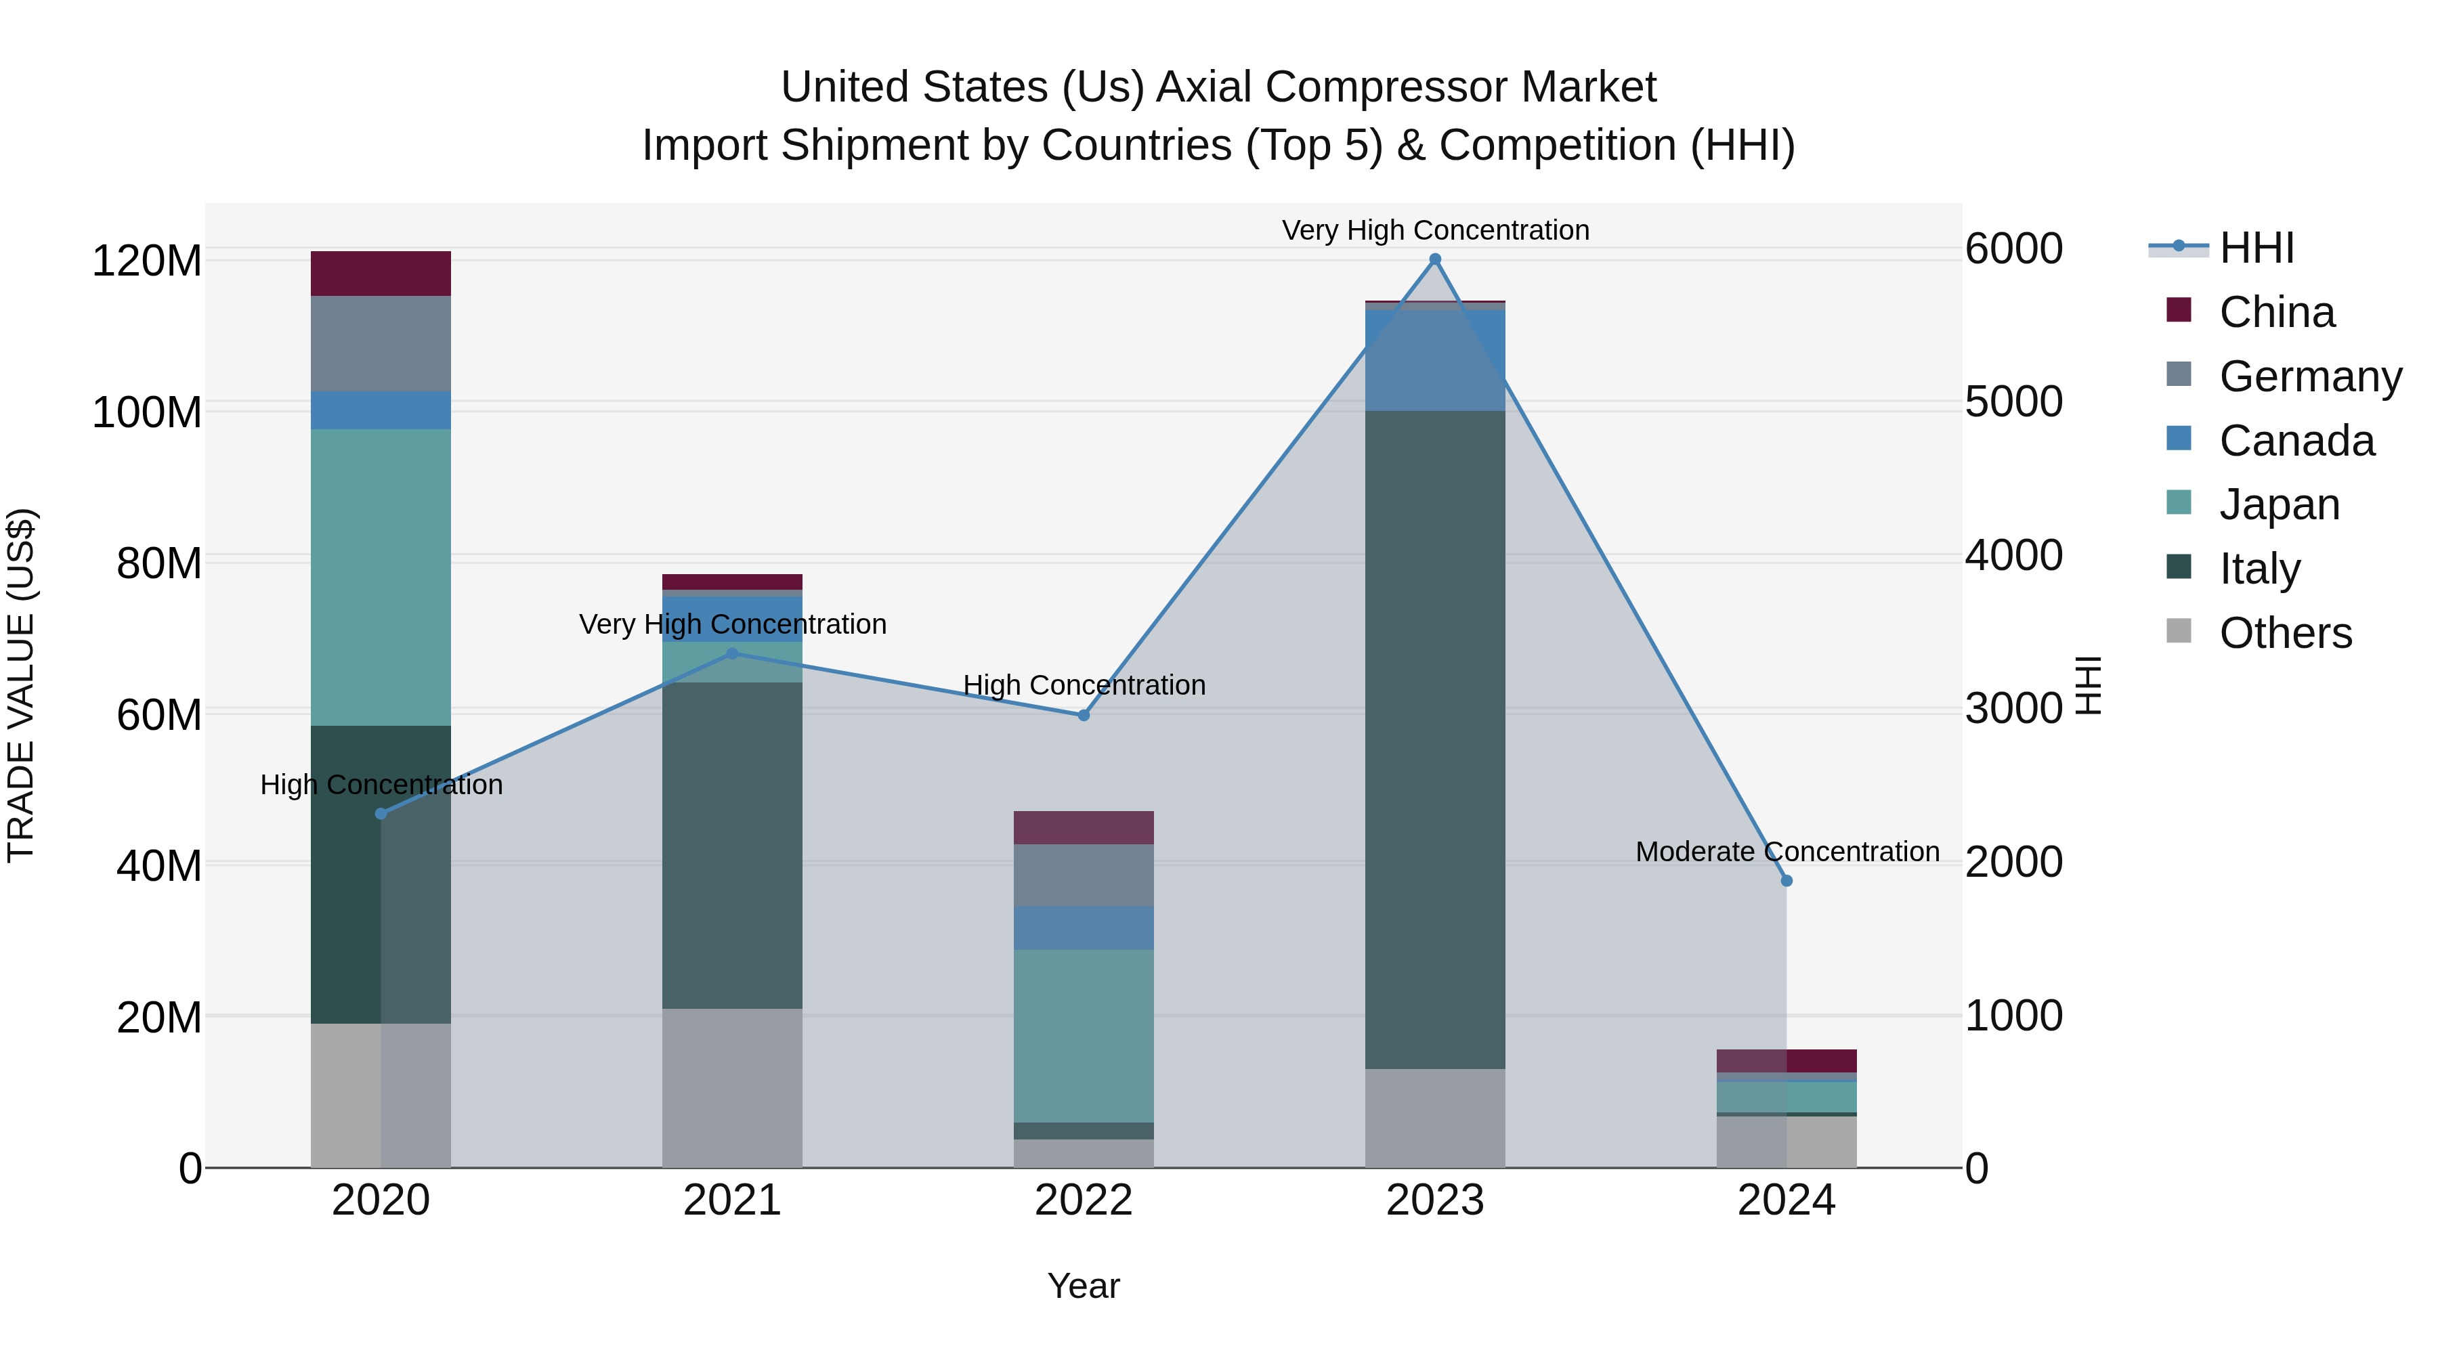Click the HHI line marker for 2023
1435,259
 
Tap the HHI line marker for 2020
381,814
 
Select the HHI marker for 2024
1787,881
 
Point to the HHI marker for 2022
1084,716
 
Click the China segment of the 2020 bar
381,274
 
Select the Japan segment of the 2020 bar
381,577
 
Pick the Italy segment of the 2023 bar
1435,738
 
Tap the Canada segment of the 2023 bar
1435,360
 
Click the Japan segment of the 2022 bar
1084,1036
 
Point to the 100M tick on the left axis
147,412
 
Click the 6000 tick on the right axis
2013,249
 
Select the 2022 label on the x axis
1084,1200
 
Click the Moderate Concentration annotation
1787,852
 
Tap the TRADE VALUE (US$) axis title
21,685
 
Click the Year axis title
1084,1286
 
